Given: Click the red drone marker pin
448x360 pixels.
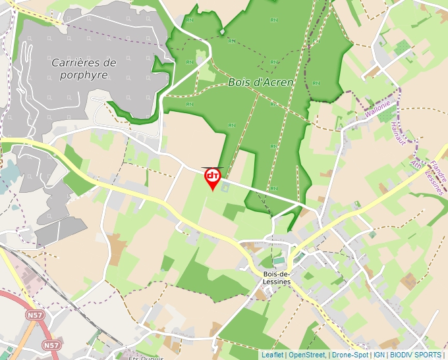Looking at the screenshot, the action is tap(212, 177).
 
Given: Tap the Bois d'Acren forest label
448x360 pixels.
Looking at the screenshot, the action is tap(261, 82).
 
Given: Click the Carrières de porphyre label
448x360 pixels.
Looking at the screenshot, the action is tap(83, 69).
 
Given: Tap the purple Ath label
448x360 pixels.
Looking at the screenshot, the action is tap(414, 163).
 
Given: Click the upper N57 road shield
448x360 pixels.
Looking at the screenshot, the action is tap(34, 316).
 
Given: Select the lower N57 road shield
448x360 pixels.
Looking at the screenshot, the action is tap(51, 345).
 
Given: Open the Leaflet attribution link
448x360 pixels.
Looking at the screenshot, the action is tap(272, 355).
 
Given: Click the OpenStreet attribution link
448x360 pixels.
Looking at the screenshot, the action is tap(307, 355).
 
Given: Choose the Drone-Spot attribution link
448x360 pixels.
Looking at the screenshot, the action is tap(350, 355).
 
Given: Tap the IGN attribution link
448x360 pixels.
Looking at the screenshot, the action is tap(379, 355).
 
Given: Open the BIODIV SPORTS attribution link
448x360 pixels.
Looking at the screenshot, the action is tap(416, 355).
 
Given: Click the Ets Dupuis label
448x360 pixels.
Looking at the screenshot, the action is tap(145, 357).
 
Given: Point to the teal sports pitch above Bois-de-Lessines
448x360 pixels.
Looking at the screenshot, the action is tap(279, 261).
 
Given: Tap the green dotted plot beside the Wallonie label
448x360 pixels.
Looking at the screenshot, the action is tap(401, 46).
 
